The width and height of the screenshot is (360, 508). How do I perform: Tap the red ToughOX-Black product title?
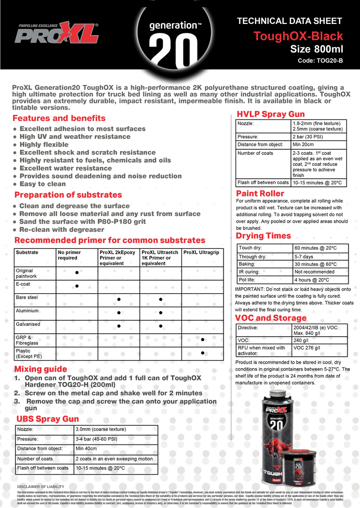coord(298,36)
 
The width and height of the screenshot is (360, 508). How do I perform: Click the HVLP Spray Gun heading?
coord(270,114)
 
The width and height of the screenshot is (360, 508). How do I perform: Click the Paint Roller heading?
coord(260,193)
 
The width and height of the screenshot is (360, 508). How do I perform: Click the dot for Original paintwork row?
coord(76,273)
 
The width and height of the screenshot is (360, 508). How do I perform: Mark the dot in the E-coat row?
coord(76,286)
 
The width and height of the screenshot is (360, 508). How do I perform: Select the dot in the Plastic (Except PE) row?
coord(202,353)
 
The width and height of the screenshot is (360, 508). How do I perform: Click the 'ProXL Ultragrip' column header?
coord(201,252)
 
